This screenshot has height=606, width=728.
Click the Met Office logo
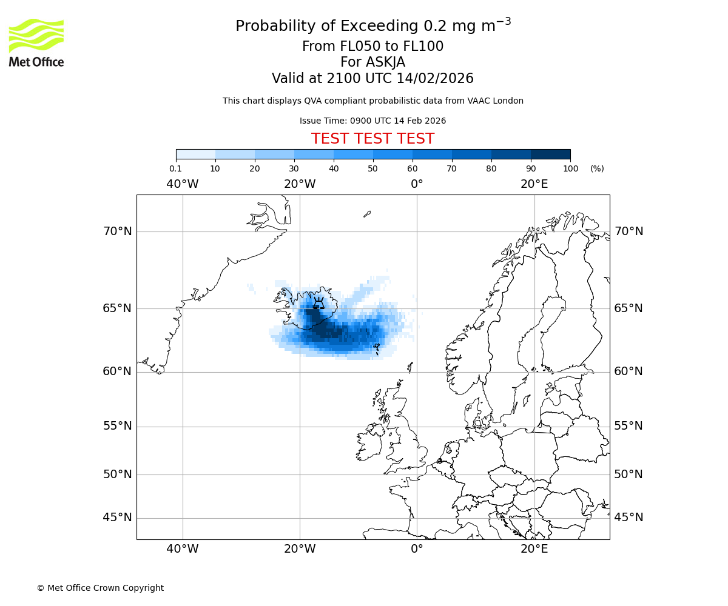click(36, 42)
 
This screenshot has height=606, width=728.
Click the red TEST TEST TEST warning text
click(372, 139)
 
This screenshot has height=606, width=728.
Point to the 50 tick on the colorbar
click(373, 168)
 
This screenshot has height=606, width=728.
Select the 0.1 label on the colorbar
click(176, 168)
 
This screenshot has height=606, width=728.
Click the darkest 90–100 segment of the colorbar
click(550, 155)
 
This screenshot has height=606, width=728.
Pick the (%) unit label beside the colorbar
click(597, 168)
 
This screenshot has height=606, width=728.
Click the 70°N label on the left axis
click(117, 231)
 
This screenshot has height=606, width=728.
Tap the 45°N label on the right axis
click(629, 518)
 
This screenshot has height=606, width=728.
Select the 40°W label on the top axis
click(183, 184)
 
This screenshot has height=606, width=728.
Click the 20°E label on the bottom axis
click(534, 549)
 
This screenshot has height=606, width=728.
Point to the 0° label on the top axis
click(417, 184)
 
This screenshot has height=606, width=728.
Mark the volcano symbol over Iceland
click(318, 302)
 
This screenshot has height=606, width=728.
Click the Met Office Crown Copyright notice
click(100, 588)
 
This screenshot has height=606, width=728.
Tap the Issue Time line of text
click(372, 121)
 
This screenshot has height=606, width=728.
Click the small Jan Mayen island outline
click(367, 214)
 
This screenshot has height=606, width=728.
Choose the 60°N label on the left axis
click(117, 371)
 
